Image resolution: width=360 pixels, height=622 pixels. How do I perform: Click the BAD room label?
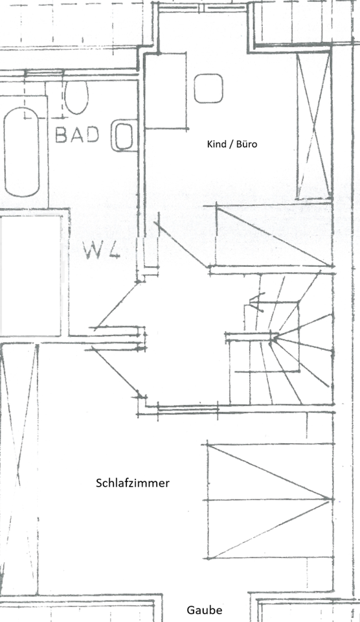(x=77, y=135)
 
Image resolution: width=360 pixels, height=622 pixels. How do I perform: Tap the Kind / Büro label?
(x=232, y=144)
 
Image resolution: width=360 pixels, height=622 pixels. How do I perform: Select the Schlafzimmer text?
(x=133, y=483)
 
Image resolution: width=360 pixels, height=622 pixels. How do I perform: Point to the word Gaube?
(x=205, y=610)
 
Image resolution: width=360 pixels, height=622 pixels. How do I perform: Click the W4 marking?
(x=102, y=250)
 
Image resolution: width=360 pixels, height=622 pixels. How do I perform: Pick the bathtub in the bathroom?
(x=22, y=152)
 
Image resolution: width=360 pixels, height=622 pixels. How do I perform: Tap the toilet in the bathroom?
(x=76, y=97)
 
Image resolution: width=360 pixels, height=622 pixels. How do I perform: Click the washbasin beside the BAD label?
(x=122, y=135)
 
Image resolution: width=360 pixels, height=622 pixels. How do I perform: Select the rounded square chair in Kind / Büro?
(x=208, y=88)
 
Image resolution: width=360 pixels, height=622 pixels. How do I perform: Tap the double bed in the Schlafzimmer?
(x=269, y=501)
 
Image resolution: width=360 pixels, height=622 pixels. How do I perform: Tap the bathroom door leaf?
(x=116, y=305)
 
